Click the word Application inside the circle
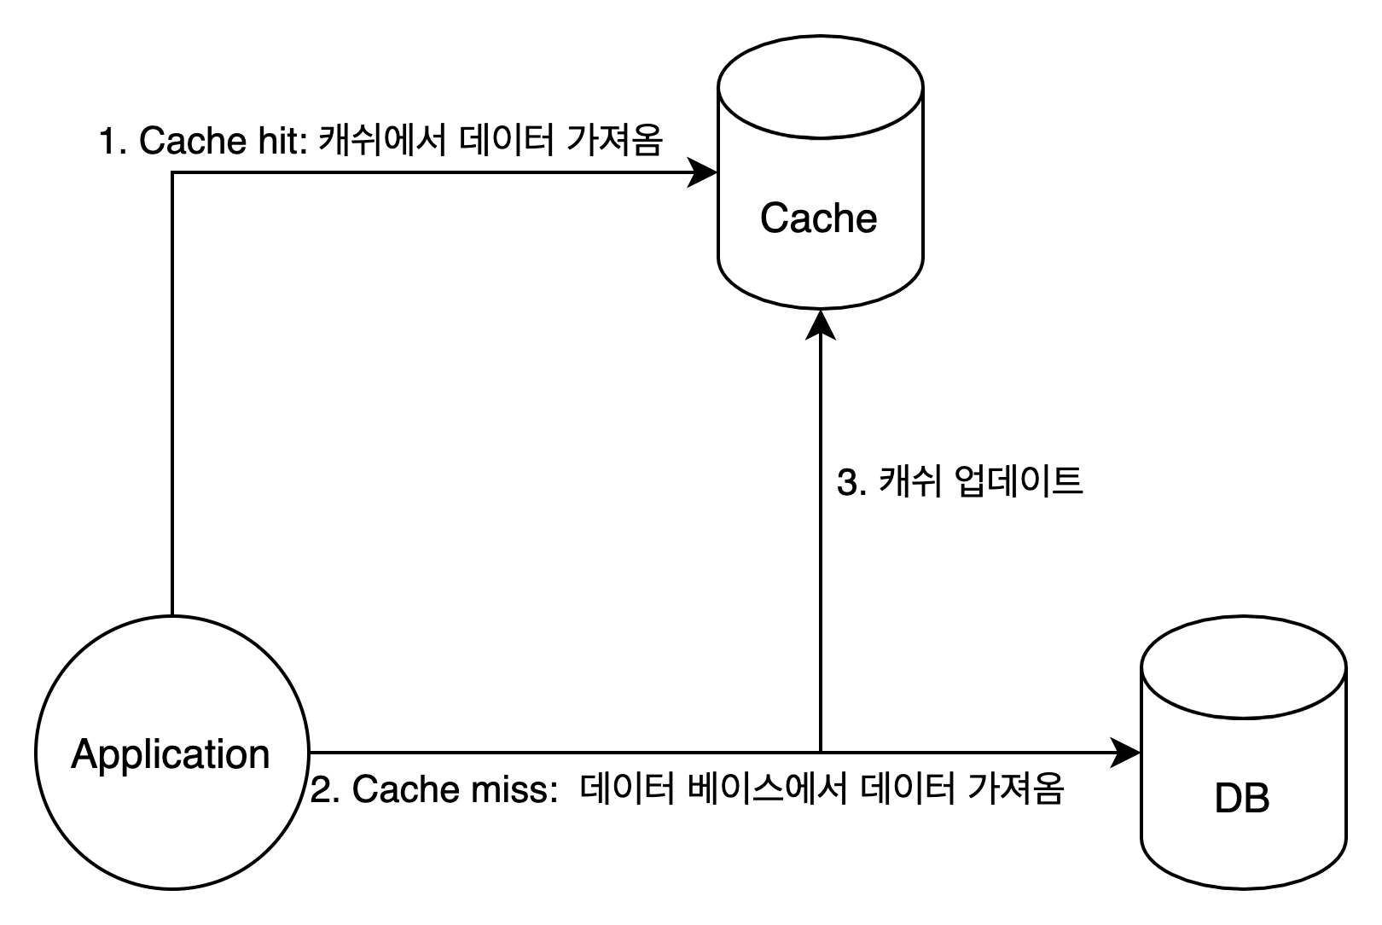point(171,754)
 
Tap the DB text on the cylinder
point(1241,798)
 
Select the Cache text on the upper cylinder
point(818,218)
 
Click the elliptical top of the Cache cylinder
point(820,86)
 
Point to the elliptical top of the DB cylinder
point(1243,667)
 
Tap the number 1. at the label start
point(113,141)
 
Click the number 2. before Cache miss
point(326,789)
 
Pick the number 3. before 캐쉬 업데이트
point(851,483)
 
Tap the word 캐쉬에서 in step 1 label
point(381,141)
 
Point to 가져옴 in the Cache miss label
point(1015,789)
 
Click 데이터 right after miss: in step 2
point(627,789)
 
